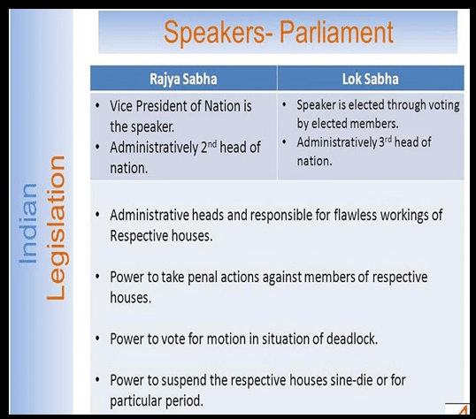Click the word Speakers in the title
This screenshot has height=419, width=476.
click(x=215, y=33)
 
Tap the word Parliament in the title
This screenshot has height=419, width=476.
click(x=336, y=32)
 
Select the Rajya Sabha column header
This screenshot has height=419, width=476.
click(x=183, y=79)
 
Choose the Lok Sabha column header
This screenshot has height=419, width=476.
click(x=371, y=79)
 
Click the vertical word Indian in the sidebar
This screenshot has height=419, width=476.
click(x=28, y=224)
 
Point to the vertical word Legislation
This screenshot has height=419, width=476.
click(x=56, y=228)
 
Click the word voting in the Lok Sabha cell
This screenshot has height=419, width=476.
click(x=444, y=105)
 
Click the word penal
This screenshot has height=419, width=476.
click(x=203, y=278)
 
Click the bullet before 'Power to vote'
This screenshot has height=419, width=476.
click(x=97, y=339)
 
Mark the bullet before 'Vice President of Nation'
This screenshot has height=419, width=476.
click(x=97, y=106)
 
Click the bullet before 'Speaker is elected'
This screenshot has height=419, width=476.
click(x=284, y=105)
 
